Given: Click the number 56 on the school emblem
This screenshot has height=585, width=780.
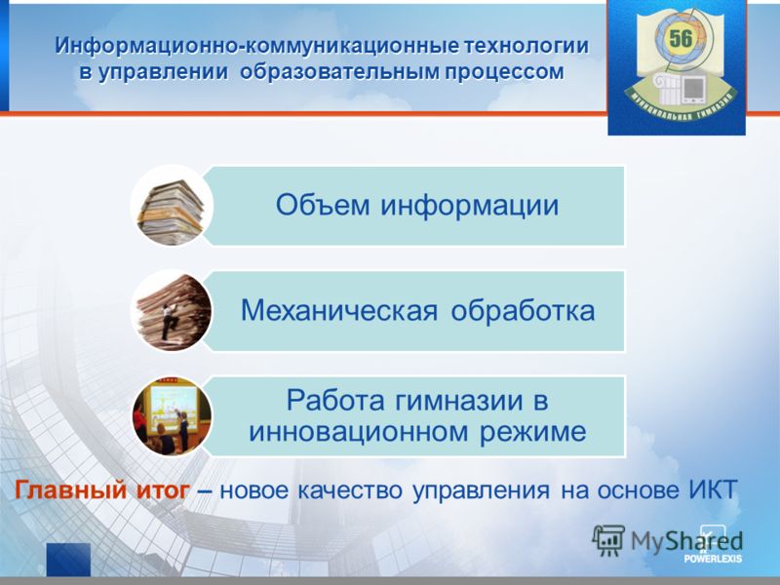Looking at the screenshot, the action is pyautogui.click(x=680, y=38).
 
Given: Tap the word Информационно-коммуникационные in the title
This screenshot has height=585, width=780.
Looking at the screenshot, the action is pyautogui.click(x=257, y=46).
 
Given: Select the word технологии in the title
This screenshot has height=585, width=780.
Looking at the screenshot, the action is pyautogui.click(x=526, y=46).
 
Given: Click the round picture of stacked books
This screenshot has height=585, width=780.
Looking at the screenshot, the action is pyautogui.click(x=172, y=207).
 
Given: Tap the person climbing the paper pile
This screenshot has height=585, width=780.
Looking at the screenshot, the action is pyautogui.click(x=168, y=322).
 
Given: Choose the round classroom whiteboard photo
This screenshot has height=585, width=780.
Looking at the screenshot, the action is pyautogui.click(x=173, y=416).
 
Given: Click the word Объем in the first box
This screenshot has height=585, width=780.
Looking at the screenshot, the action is pyautogui.click(x=323, y=205).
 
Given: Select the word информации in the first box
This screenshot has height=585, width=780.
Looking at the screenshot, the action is pyautogui.click(x=469, y=206).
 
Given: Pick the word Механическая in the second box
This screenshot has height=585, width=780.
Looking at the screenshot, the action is pyautogui.click(x=339, y=310).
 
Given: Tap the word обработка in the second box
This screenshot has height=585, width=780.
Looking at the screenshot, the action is pyautogui.click(x=523, y=309).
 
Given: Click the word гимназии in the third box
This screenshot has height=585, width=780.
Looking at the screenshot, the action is pyautogui.click(x=459, y=401).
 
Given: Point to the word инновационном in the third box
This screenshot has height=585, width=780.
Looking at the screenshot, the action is pyautogui.click(x=358, y=432).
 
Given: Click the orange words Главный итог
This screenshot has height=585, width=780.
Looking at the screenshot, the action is pyautogui.click(x=102, y=490).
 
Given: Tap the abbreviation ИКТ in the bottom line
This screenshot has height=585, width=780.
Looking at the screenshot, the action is pyautogui.click(x=713, y=490).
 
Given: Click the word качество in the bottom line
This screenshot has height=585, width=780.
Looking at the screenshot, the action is pyautogui.click(x=350, y=491).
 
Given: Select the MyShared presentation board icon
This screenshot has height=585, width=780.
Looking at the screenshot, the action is pyautogui.click(x=607, y=540).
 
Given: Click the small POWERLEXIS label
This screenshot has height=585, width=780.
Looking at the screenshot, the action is pyautogui.click(x=713, y=558).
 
